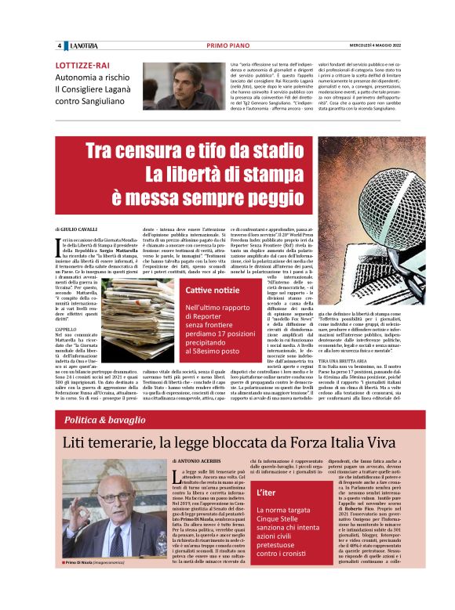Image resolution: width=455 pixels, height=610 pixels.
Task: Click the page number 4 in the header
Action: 59,45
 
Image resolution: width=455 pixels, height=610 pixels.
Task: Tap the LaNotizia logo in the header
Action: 81,45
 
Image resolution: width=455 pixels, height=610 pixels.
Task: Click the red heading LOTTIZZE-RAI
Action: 82,66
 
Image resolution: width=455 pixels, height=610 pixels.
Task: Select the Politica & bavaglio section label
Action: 104,421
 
